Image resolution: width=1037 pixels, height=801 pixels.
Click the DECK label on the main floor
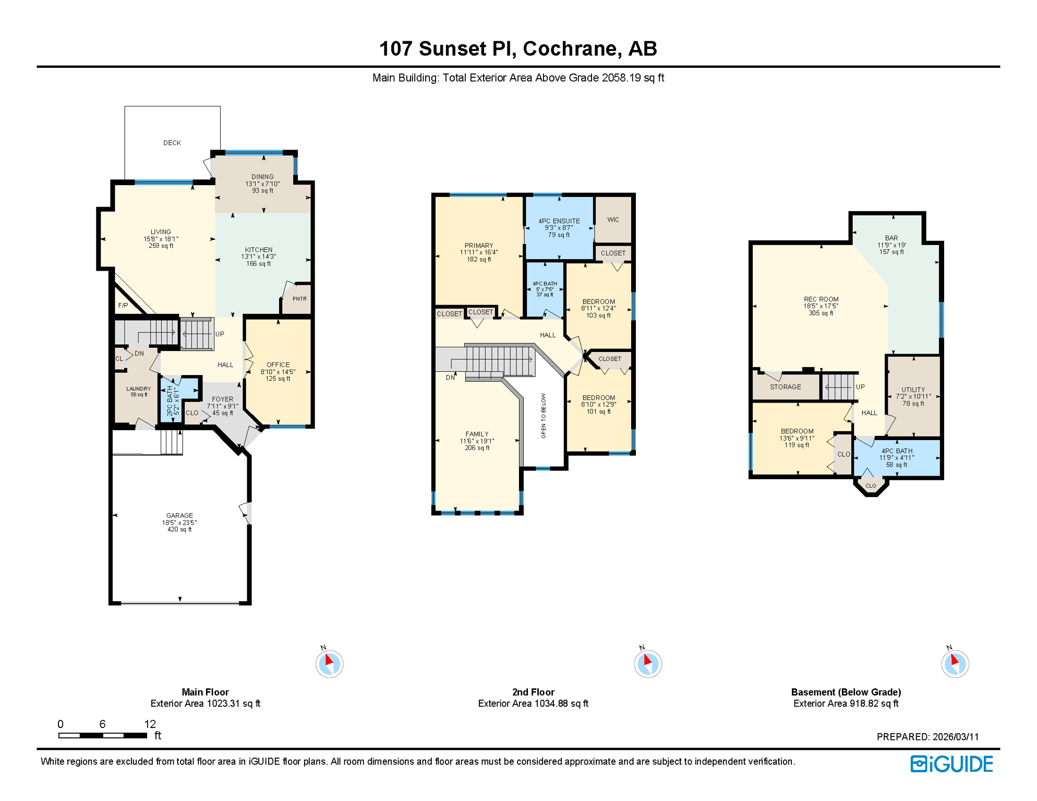[172, 143]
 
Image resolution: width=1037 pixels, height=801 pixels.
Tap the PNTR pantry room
[299, 299]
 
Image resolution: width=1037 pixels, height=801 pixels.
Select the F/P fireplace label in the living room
[123, 306]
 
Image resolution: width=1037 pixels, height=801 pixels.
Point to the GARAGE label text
[179, 516]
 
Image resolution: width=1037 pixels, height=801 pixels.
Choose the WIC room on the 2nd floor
[613, 220]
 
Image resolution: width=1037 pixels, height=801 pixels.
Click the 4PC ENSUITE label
[559, 221]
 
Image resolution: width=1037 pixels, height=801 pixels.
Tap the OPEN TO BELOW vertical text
[544, 416]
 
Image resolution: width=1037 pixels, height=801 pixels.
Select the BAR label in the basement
[891, 238]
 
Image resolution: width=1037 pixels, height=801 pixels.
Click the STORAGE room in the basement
[786, 387]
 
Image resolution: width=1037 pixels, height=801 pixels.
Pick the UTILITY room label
[913, 390]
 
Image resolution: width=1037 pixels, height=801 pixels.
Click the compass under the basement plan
[955, 664]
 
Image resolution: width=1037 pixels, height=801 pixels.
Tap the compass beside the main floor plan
[330, 664]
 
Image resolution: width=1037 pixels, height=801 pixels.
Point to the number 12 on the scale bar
[150, 724]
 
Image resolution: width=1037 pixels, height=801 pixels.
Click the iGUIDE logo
[952, 764]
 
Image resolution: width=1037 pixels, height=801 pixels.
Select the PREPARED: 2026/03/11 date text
[927, 737]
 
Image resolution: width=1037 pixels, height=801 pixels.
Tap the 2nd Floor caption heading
[533, 693]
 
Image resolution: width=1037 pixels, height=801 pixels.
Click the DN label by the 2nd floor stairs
[450, 378]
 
